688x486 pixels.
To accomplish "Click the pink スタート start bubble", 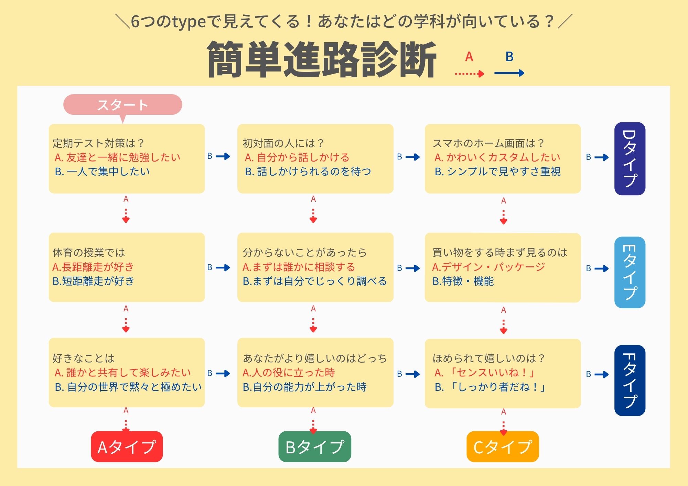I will coord(122,104).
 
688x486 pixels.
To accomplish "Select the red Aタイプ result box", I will coord(127,446).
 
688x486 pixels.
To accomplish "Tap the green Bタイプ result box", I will coord(314,446).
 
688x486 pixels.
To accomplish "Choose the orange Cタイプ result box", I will coord(503,446).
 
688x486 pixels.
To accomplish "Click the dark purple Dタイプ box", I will coord(630,158).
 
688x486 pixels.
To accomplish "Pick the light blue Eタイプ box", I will coord(630,272).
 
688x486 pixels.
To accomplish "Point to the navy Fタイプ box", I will coord(630,380).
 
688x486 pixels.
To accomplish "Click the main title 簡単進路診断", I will coord(322,59).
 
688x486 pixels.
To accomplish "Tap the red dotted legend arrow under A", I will coord(469,73).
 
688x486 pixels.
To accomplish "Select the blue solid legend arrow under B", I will coord(509,73).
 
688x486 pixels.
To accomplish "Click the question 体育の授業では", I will coord(89,253).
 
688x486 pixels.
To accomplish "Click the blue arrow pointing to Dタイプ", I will coord(601,157).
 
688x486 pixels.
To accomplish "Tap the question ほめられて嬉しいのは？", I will coord(488,358).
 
